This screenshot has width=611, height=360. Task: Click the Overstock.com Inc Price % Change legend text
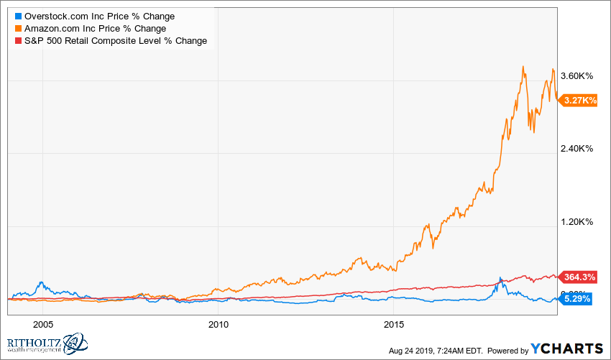coord(99,16)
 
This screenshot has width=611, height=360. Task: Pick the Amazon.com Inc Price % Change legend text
coord(95,28)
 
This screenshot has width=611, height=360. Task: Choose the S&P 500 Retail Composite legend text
coord(115,40)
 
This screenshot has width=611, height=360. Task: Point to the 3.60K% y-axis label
coord(576,76)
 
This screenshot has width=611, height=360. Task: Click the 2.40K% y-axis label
coord(576,149)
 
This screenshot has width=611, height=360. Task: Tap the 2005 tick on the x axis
coord(43,324)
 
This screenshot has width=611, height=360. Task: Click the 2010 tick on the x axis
coord(219,324)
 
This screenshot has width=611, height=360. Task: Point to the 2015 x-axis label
coord(395,324)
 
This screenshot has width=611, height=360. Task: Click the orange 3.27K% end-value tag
coord(578,101)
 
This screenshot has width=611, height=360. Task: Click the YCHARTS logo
coord(567,349)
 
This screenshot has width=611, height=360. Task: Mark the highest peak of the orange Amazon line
coord(523,67)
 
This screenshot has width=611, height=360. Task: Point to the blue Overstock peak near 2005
coord(42,282)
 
